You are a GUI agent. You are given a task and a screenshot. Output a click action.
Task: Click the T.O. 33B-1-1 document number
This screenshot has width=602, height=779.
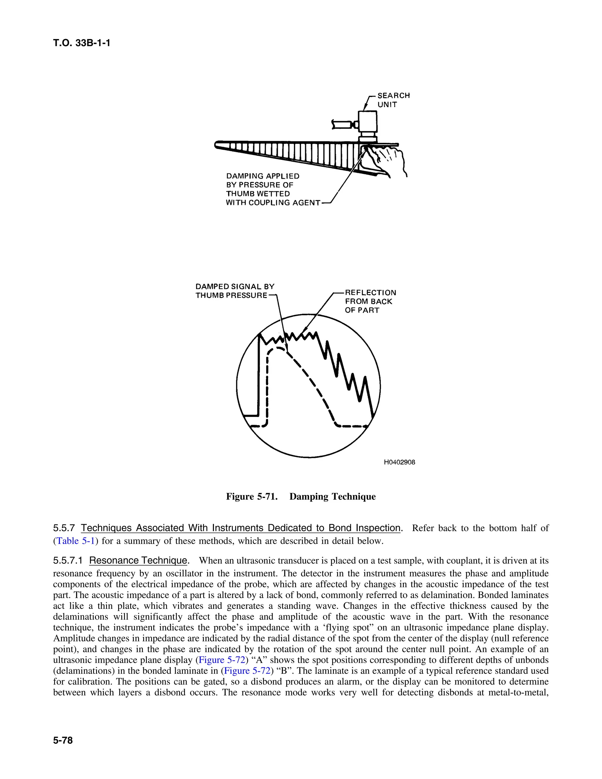coord(81,43)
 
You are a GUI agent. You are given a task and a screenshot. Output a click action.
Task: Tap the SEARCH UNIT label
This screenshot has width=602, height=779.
coord(393,100)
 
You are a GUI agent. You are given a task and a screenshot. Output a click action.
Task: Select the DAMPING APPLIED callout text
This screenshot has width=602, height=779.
coord(262,176)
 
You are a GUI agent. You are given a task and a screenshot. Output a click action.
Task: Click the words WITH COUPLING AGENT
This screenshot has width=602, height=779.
coord(273,203)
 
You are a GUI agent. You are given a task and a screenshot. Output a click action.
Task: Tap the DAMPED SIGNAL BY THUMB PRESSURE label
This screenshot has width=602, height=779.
coord(235,291)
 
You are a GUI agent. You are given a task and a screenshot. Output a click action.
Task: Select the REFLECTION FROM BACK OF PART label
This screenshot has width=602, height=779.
coord(370,301)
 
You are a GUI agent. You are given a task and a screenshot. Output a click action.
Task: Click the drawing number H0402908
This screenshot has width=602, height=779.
coord(399,462)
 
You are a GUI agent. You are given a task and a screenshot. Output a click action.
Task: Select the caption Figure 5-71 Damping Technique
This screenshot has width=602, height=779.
coord(301,497)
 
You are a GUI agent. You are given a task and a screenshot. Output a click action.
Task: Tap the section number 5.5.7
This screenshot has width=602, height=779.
coord(64,528)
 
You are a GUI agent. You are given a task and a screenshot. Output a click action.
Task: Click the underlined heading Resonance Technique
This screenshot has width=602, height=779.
coord(138,560)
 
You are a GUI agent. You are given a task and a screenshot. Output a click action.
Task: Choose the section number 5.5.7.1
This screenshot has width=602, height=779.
coord(68,560)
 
